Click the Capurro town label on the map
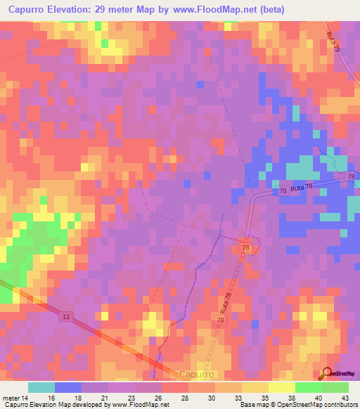(196, 375)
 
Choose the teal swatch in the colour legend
(41, 387)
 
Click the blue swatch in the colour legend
(68, 387)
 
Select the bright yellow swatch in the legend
(281, 387)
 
